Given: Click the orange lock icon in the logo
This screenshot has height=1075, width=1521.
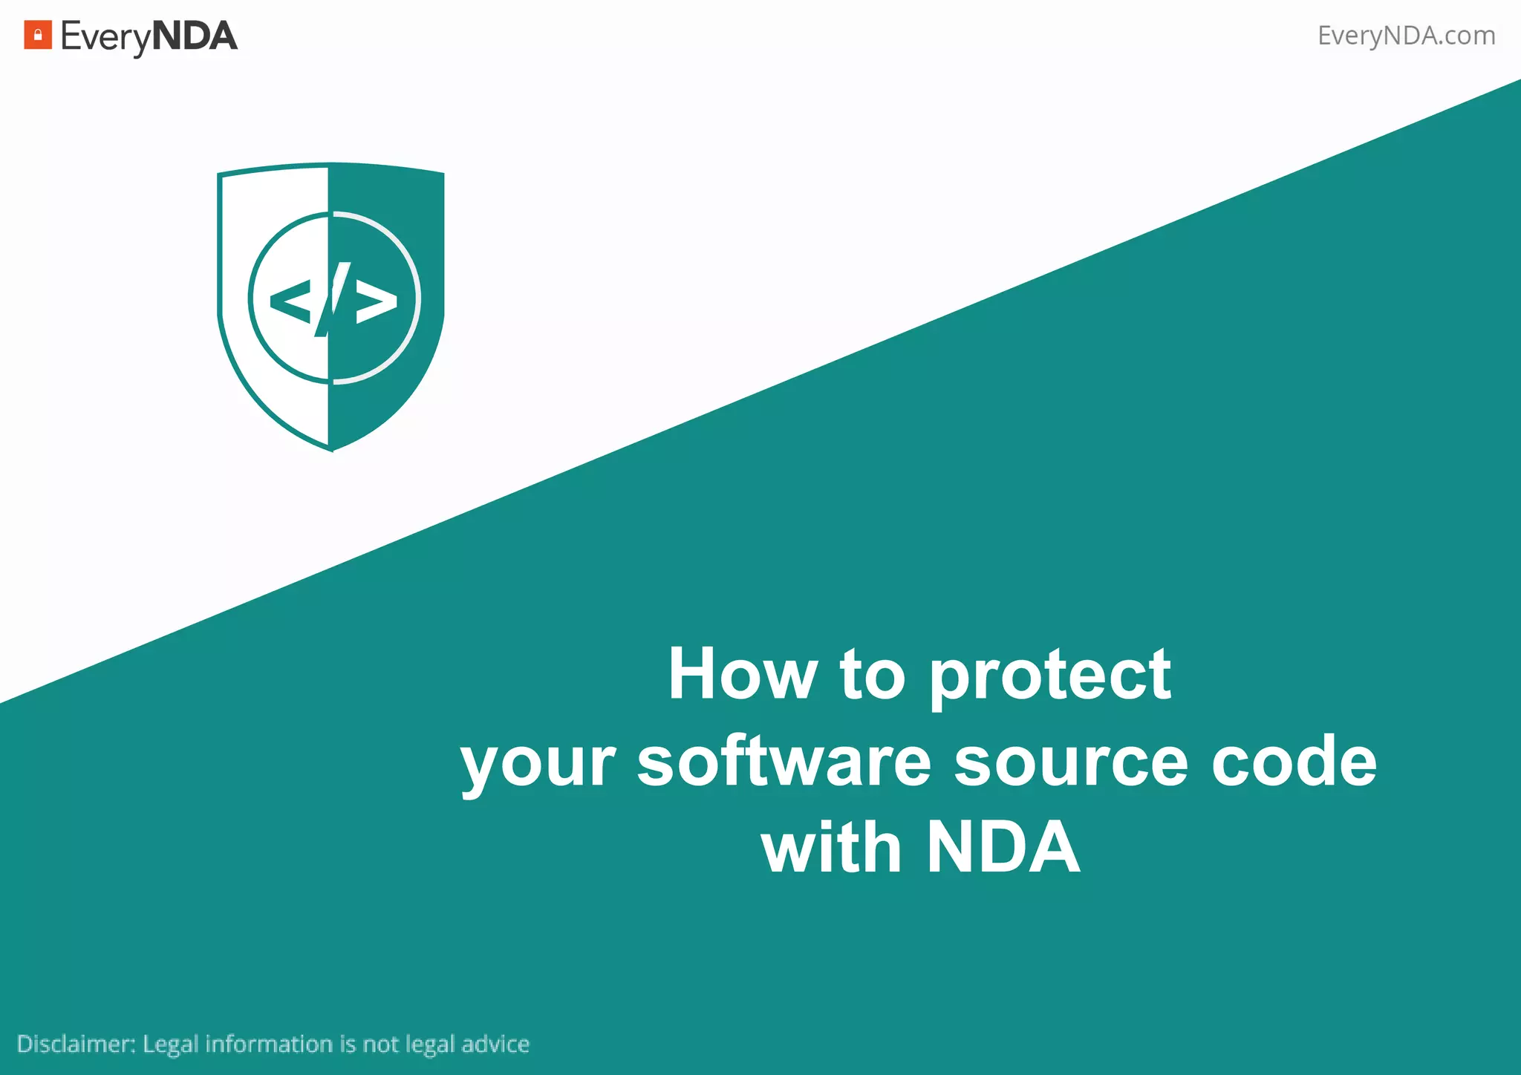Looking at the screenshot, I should coord(38,35).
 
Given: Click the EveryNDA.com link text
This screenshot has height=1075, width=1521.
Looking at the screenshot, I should coord(1406,36).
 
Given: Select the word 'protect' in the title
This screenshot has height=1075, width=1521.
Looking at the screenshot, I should coord(1050,676).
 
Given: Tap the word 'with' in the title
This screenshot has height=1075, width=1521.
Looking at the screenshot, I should coord(831,847).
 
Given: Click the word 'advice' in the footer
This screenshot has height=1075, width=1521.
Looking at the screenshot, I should coord(495,1044).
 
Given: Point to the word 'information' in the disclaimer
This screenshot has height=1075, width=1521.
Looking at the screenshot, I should coord(269,1044).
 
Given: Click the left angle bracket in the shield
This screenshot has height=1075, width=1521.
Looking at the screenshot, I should coord(290,301).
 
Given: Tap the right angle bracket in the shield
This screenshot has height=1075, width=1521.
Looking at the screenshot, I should coord(377,301).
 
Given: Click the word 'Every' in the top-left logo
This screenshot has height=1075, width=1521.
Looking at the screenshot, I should coord(105,37).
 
